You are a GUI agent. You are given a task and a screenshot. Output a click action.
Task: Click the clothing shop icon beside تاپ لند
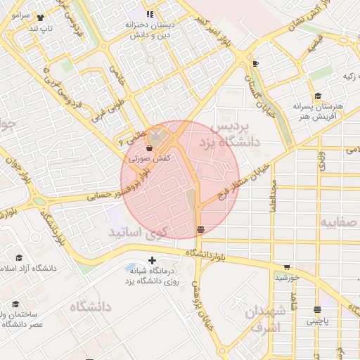pos(39,18)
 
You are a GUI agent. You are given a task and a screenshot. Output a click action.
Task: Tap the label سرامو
pos(19,15)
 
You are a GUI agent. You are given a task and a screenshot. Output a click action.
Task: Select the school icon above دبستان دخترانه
pos(150,14)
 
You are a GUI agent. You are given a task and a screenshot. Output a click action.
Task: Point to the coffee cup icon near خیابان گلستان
pos(255,64)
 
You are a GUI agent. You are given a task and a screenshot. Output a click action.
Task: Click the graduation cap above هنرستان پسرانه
pos(318,96)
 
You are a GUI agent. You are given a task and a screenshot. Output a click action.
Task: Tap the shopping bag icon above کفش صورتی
pos(149,148)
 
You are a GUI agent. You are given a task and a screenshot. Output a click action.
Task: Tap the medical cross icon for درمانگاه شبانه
pos(153,261)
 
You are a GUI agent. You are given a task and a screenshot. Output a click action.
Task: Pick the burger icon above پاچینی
pos(317,309)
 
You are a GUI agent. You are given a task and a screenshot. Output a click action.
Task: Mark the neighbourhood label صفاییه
pos(340,222)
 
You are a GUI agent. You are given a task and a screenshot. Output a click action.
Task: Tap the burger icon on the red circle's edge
pos(201,229)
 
